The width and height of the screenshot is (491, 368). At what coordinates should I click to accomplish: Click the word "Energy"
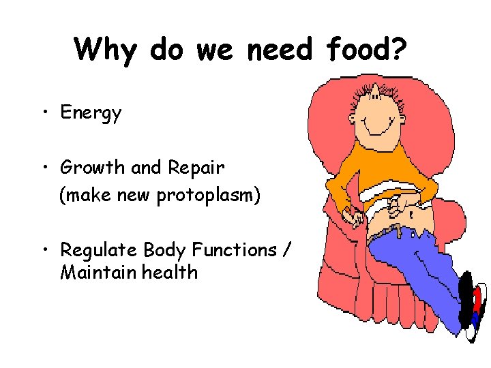pos(91,113)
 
